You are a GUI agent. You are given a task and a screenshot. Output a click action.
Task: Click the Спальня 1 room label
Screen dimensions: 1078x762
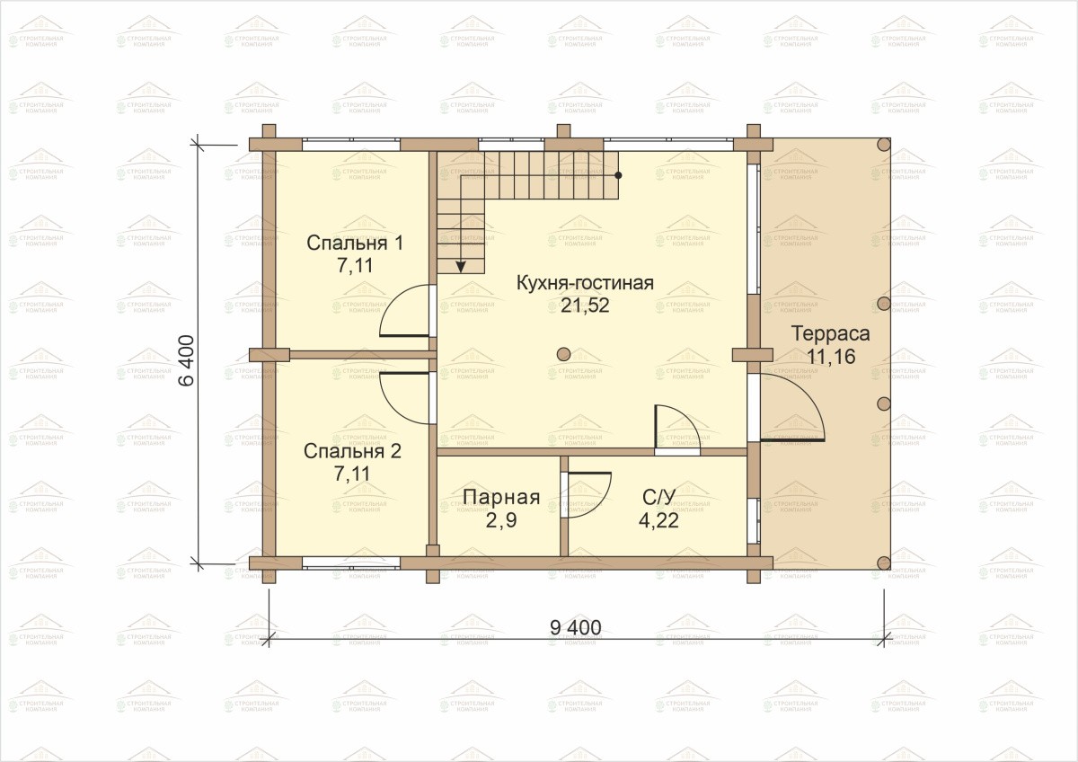tap(355, 244)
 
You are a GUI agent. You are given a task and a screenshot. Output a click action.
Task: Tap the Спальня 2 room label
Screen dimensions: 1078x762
tap(352, 451)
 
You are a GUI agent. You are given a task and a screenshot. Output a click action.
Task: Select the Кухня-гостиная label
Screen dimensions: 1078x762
tap(585, 283)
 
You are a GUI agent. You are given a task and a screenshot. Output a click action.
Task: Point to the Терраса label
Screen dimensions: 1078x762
tap(831, 333)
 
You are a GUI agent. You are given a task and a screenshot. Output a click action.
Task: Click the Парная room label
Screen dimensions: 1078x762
tap(501, 497)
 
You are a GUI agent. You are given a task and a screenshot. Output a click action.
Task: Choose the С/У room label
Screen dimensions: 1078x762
tap(658, 497)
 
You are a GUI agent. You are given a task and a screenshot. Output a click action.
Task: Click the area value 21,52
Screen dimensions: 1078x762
tap(585, 306)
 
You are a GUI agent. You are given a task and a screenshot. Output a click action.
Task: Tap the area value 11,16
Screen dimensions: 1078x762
tap(831, 357)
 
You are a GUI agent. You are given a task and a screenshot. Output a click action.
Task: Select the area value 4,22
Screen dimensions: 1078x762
tap(658, 520)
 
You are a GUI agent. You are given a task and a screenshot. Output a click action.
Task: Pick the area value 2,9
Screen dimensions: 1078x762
tap(501, 520)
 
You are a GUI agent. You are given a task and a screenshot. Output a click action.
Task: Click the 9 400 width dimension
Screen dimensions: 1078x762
tap(576, 628)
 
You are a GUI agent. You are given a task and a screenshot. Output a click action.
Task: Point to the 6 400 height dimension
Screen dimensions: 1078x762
tap(187, 360)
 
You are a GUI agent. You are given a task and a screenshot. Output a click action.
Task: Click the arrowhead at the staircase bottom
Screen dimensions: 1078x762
tap(461, 267)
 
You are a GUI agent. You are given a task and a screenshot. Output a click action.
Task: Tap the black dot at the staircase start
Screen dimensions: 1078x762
tap(618, 175)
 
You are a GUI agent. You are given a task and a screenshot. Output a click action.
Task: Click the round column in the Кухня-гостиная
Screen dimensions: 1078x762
tap(563, 354)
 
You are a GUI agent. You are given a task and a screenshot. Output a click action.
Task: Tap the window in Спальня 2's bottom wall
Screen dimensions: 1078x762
tap(351, 563)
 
